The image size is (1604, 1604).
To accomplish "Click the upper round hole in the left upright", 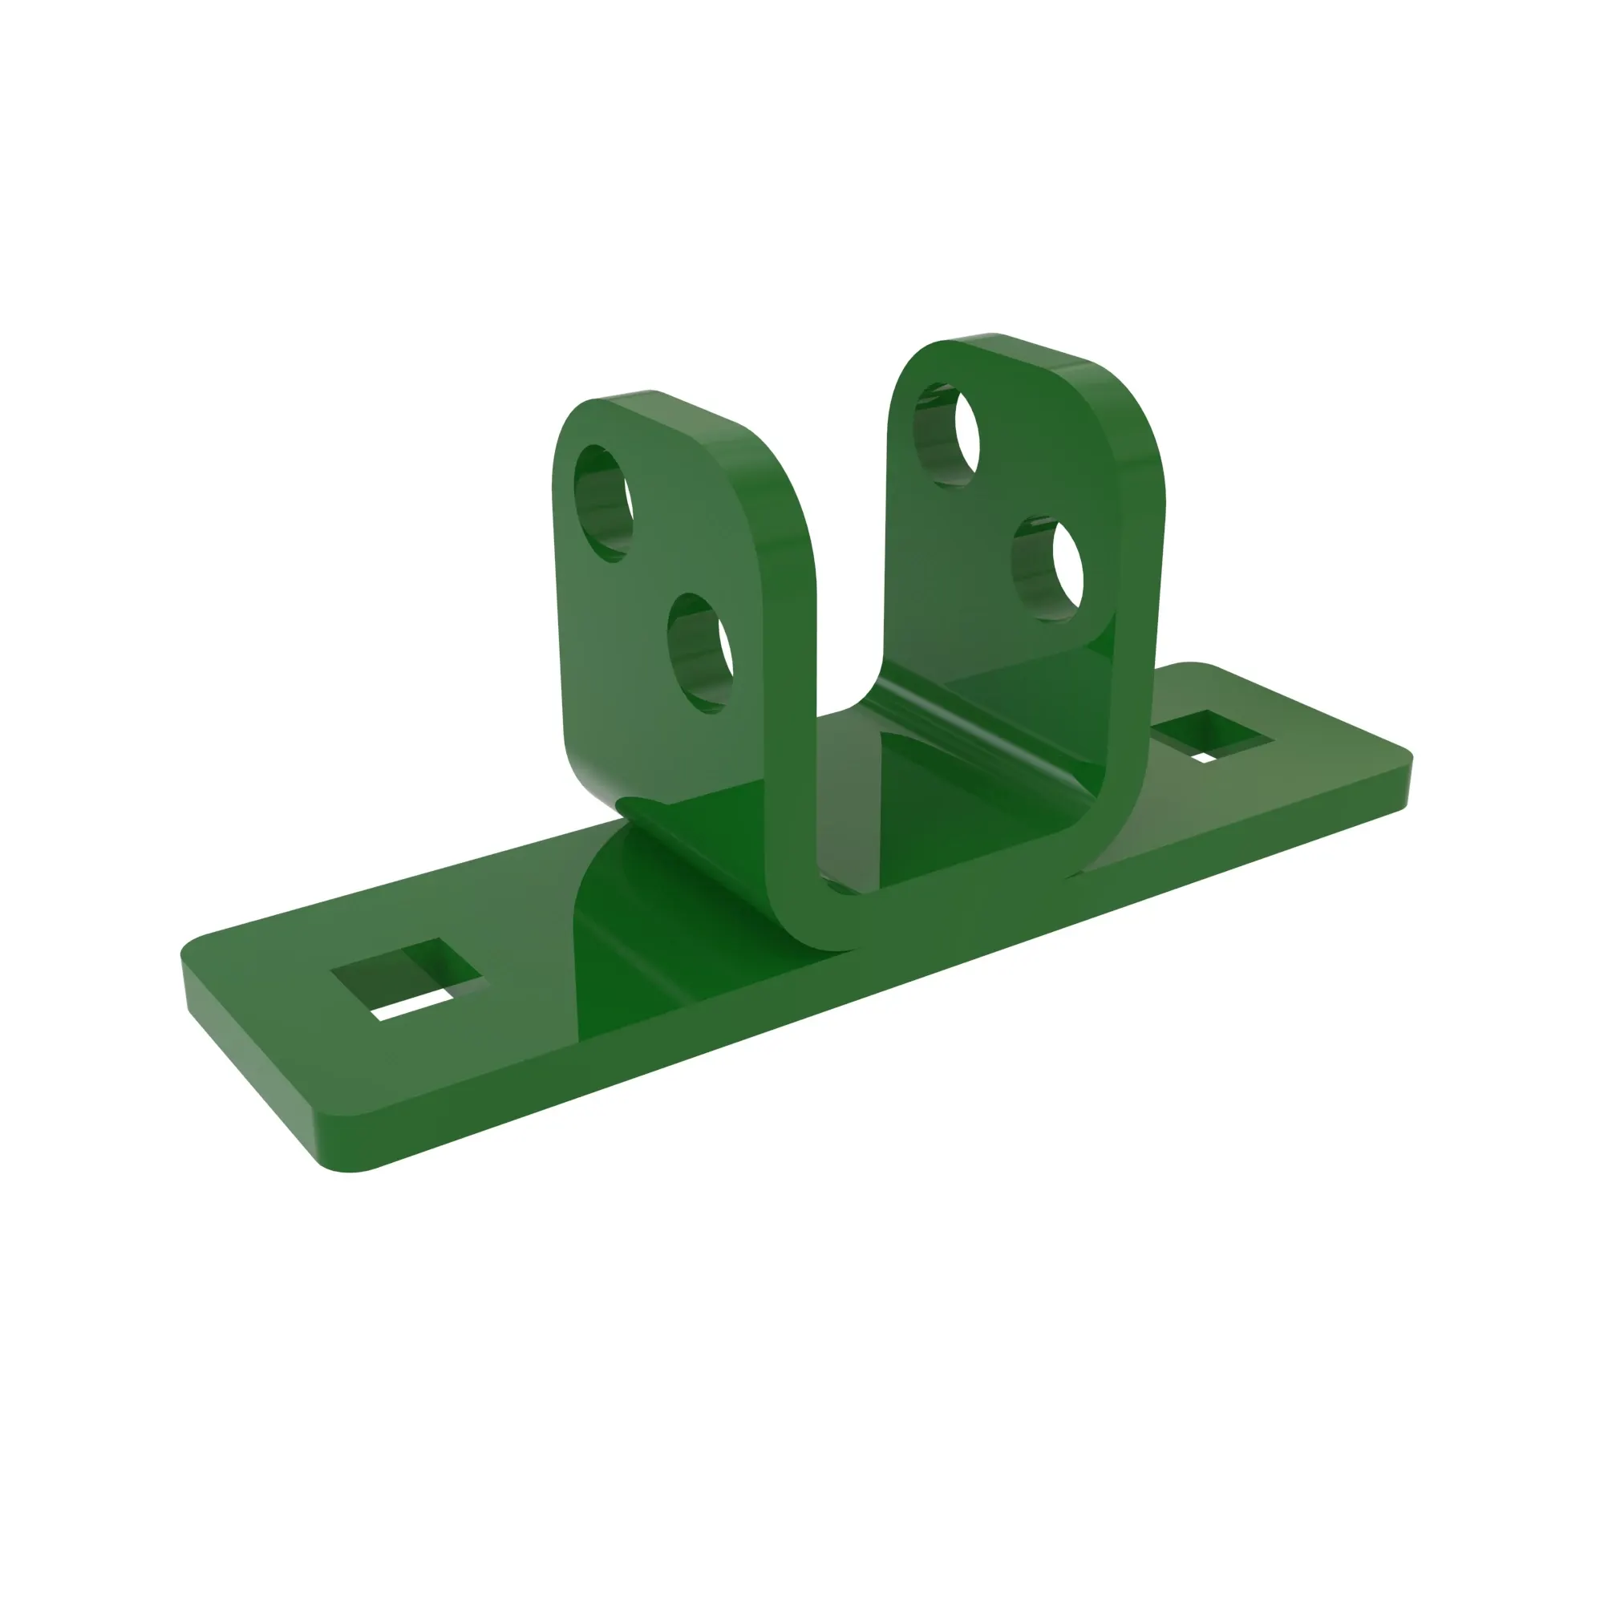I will tap(604, 502).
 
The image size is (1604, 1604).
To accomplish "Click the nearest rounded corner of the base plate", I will tap(349, 1166).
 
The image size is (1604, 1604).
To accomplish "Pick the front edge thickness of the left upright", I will tap(788, 622).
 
